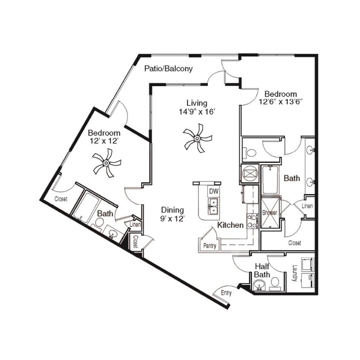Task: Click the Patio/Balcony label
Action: click(x=168, y=68)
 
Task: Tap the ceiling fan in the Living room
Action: click(x=197, y=138)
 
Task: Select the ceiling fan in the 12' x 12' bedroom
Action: click(x=106, y=163)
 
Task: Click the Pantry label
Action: click(x=209, y=246)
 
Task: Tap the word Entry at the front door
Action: click(x=226, y=293)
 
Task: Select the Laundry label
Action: click(x=294, y=273)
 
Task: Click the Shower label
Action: click(x=270, y=212)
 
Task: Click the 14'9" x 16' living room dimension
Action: click(x=197, y=111)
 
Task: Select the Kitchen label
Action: click(x=230, y=225)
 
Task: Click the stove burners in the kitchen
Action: click(x=252, y=220)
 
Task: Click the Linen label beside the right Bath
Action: click(x=307, y=206)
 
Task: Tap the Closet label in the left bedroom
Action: click(x=61, y=199)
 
